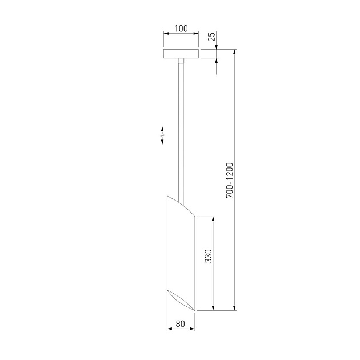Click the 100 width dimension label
coord(181,29)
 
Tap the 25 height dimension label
coord(212,37)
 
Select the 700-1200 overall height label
coord(229,181)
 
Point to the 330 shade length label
coord(208,256)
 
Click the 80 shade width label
coord(180,324)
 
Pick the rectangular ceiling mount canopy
coord(181,54)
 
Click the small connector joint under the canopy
coord(181,61)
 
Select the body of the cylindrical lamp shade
coord(181,253)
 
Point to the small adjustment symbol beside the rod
coord(162,135)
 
